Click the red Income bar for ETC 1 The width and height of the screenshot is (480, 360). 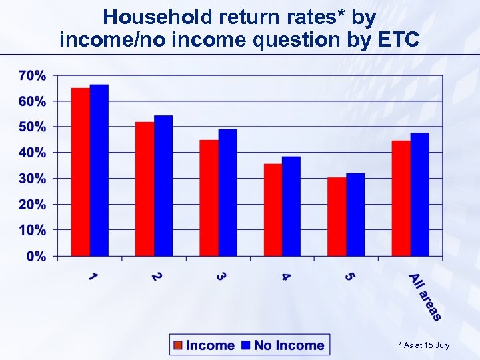coord(81,172)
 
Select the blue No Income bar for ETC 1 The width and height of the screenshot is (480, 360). coord(99,170)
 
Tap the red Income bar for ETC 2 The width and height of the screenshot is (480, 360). coord(145,189)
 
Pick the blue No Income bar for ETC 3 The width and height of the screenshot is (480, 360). coord(227,193)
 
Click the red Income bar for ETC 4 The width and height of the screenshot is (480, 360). coord(273,210)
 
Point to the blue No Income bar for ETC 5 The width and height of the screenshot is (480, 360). coord(355,215)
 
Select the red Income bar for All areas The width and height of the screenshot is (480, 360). coord(401,198)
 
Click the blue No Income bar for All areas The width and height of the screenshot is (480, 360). coord(419,194)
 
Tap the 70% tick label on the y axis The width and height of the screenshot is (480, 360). coord(32,75)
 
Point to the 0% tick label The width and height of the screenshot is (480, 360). coord(36,256)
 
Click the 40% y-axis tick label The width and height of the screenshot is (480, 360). coord(32,153)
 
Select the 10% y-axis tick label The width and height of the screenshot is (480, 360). coord(32,230)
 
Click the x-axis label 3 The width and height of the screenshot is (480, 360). coord(221,276)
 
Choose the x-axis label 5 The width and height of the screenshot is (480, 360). coord(349,276)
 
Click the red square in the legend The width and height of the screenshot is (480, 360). coord(178,345)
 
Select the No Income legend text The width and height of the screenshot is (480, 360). coord(289,345)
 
